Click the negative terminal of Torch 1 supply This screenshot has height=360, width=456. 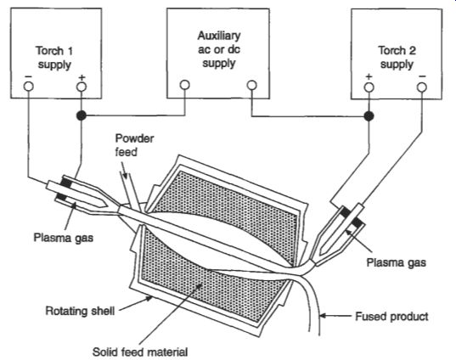(29, 87)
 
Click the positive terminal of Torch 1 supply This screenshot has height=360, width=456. (82, 87)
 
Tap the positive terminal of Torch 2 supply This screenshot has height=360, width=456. (369, 87)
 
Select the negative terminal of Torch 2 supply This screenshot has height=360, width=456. (422, 87)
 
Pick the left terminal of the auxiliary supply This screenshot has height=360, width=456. (185, 85)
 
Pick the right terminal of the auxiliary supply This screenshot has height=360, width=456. (252, 85)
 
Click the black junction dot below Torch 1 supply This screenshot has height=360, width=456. (82, 115)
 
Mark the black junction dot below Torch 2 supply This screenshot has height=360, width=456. (369, 116)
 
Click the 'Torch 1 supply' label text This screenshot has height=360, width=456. (54, 58)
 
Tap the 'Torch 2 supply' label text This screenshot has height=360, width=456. (397, 57)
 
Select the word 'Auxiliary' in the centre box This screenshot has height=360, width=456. (219, 36)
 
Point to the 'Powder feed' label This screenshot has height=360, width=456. (134, 145)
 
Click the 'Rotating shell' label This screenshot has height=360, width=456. (80, 311)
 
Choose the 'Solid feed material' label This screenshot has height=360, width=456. (140, 352)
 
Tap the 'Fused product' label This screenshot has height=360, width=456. (391, 316)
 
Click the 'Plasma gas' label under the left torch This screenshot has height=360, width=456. (64, 237)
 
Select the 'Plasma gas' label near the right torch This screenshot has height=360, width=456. (396, 262)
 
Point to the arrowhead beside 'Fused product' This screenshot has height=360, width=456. (323, 316)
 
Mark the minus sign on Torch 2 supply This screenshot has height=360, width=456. (423, 76)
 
